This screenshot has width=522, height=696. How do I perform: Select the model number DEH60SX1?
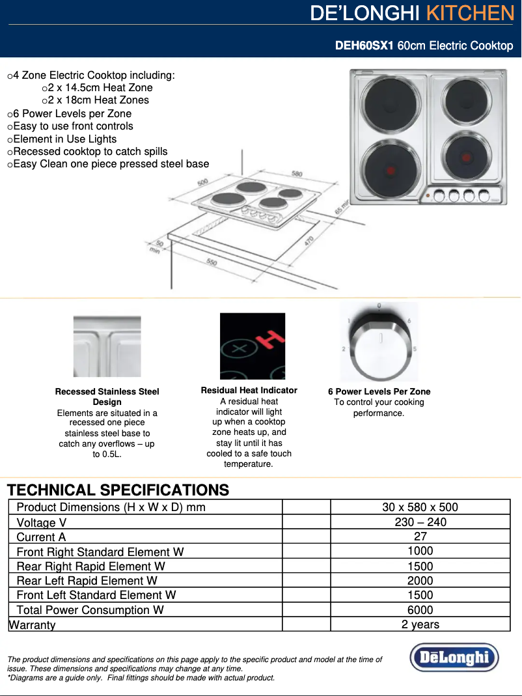(x=364, y=46)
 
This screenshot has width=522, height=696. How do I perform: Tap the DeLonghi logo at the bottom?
(x=454, y=658)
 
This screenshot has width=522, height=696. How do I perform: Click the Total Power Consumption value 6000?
(x=420, y=610)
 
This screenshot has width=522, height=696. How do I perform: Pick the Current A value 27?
(x=420, y=536)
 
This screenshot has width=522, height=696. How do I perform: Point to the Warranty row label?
(x=32, y=625)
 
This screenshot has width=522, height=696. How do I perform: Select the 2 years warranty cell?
(x=420, y=624)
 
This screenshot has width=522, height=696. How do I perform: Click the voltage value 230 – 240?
(x=420, y=522)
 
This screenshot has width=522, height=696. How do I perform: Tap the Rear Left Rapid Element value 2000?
(x=420, y=580)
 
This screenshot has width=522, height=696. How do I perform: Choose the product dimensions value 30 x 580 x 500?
(x=420, y=507)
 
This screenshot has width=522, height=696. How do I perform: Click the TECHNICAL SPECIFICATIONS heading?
(x=118, y=490)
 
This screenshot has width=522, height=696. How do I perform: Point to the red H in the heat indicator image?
(x=268, y=339)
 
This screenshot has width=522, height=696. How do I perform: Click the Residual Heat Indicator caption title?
(x=249, y=391)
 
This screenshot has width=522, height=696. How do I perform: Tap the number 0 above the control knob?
(x=379, y=305)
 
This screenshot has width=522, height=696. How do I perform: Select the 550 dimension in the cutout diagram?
(x=212, y=262)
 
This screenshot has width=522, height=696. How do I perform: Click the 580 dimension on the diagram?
(x=297, y=174)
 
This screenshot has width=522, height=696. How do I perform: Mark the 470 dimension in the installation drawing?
(x=309, y=242)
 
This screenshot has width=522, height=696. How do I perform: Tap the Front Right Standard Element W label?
(x=100, y=552)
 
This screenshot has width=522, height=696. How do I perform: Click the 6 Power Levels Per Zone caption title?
(x=379, y=391)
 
